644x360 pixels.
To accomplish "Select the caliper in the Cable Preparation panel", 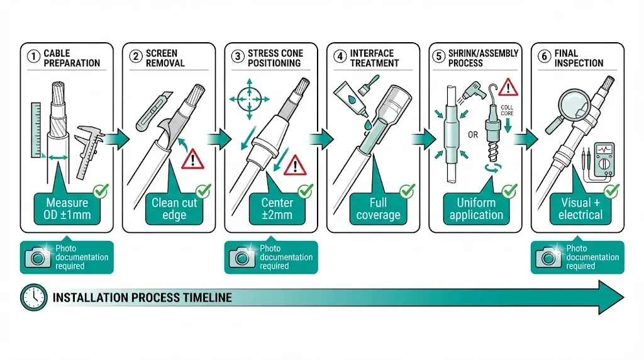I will click(89, 149).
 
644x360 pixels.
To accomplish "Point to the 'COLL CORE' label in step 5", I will click(508, 110).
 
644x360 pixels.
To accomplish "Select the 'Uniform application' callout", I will click(476, 209).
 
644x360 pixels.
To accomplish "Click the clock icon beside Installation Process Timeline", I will click(32, 297).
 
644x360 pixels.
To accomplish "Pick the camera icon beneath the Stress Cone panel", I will click(242, 256).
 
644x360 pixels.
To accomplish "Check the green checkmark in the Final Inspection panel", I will click(611, 191).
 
